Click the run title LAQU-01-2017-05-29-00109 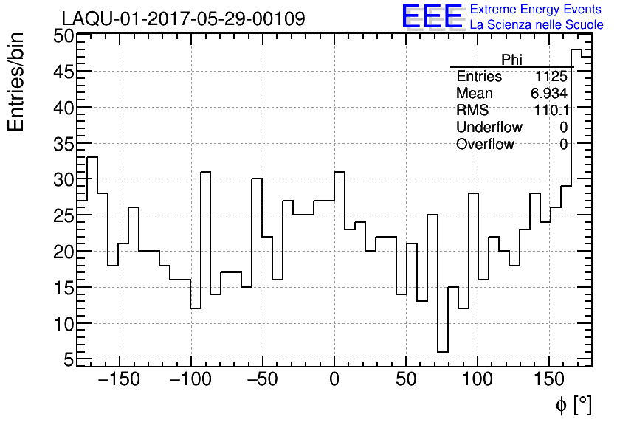tap(183, 18)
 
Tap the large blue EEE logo tap(432, 16)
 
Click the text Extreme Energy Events tap(536, 10)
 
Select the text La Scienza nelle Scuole tap(536, 25)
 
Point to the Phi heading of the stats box tap(511, 60)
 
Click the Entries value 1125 tap(551, 77)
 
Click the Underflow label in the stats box tap(489, 127)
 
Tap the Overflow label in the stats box tap(485, 144)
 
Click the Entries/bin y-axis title tap(16, 82)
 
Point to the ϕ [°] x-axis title tap(573, 404)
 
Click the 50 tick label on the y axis tap(63, 36)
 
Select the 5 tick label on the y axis tap(69, 360)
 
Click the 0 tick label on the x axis tap(334, 381)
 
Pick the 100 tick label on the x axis tap(478, 381)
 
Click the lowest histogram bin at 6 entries tap(443, 351)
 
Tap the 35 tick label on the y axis tap(63, 144)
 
